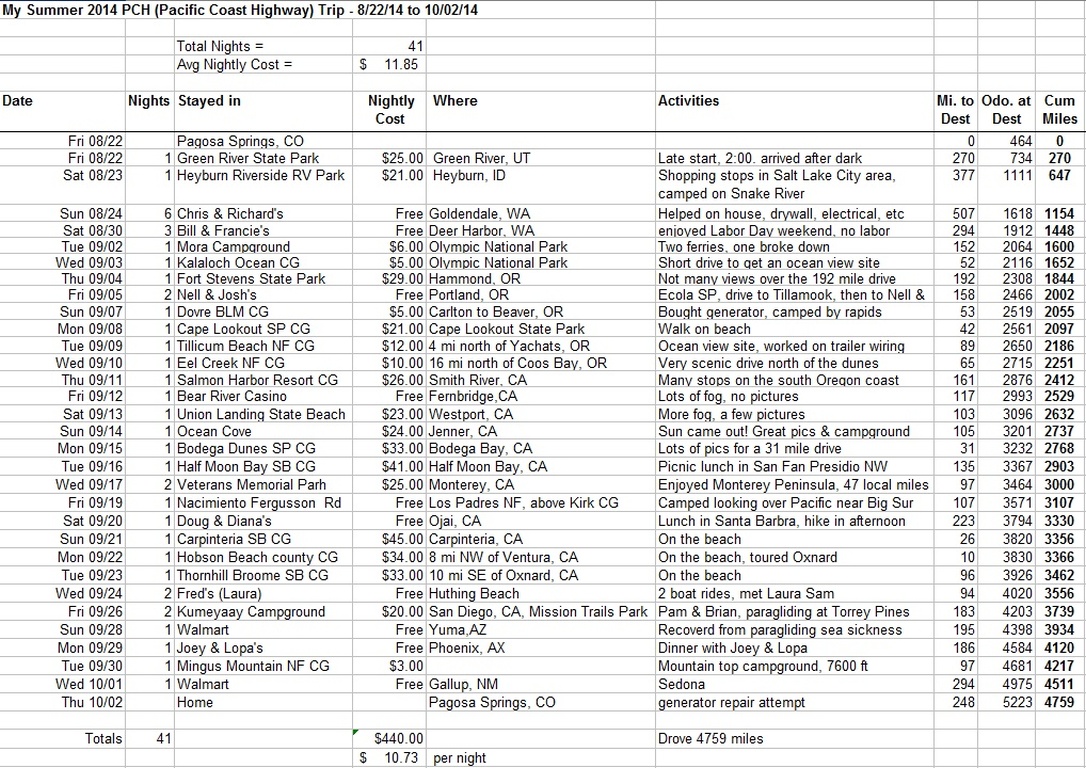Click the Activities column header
click(x=688, y=101)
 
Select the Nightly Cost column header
click(x=390, y=109)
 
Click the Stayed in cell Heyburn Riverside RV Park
click(x=260, y=176)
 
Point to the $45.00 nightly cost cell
click(x=403, y=539)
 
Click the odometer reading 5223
click(x=1002, y=702)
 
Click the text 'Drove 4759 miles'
click(x=710, y=739)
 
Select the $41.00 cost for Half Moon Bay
click(x=403, y=467)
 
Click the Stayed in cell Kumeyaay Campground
click(x=250, y=612)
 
